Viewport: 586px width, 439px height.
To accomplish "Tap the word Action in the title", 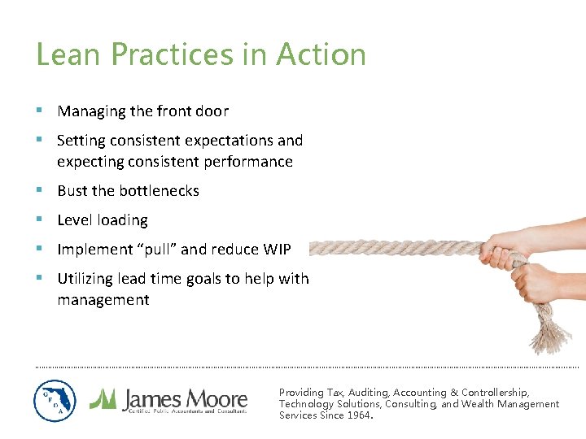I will point(321,54).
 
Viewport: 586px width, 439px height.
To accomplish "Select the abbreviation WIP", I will point(277,250).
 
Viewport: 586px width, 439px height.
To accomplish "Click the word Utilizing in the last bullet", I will point(85,279).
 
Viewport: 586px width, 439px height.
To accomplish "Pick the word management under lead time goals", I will point(103,300).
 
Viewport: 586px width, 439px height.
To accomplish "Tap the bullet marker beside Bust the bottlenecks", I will point(40,190).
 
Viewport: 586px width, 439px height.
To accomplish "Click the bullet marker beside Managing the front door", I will point(40,111).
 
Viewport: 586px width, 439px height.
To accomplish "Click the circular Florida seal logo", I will point(55,401).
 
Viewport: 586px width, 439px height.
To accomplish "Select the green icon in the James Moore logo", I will point(103,398).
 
